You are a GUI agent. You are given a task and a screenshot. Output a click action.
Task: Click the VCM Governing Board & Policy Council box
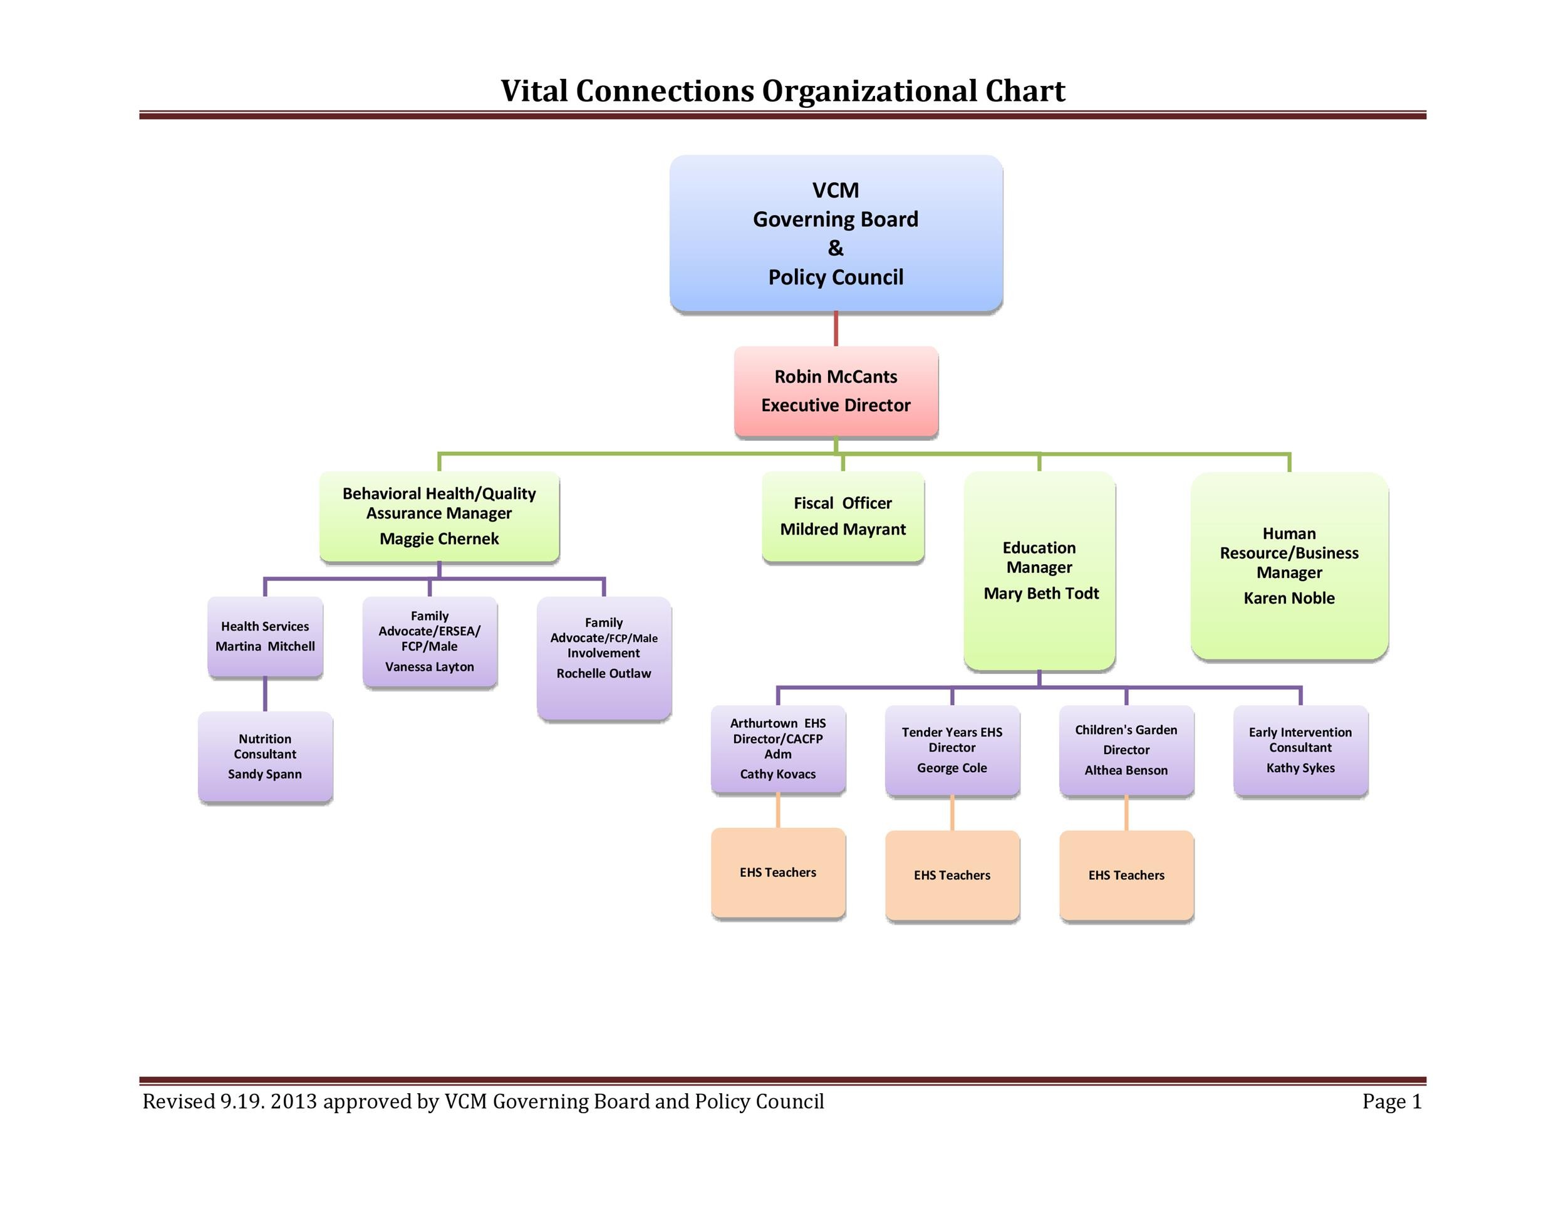(836, 233)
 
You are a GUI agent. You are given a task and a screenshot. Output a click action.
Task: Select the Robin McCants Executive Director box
(836, 391)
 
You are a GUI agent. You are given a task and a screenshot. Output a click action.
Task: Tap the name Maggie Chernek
(439, 539)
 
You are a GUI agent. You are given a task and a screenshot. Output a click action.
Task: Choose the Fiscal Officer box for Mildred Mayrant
(843, 516)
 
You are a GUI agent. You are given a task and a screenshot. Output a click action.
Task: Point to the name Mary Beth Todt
(1040, 594)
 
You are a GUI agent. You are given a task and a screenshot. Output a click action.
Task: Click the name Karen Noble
(1289, 599)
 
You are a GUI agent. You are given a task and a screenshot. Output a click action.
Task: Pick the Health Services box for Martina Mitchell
(266, 636)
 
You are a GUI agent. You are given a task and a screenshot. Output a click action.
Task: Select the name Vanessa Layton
(430, 666)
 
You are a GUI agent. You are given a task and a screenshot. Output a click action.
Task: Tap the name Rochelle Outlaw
(604, 673)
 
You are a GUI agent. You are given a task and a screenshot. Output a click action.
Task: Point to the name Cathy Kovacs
(778, 774)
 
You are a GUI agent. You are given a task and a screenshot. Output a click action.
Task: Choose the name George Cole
(952, 768)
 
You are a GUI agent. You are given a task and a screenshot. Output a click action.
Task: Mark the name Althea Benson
(1126, 770)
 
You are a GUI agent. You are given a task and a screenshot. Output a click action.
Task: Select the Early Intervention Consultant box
(1300, 750)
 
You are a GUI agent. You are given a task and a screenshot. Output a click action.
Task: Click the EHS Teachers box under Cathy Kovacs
(778, 873)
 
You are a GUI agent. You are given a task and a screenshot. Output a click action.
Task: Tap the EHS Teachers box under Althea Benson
(1126, 875)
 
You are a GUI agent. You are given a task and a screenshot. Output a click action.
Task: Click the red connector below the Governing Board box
(836, 329)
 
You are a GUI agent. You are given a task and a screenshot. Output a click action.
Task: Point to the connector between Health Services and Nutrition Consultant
(266, 694)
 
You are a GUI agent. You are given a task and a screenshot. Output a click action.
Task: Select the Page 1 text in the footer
(1392, 1101)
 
